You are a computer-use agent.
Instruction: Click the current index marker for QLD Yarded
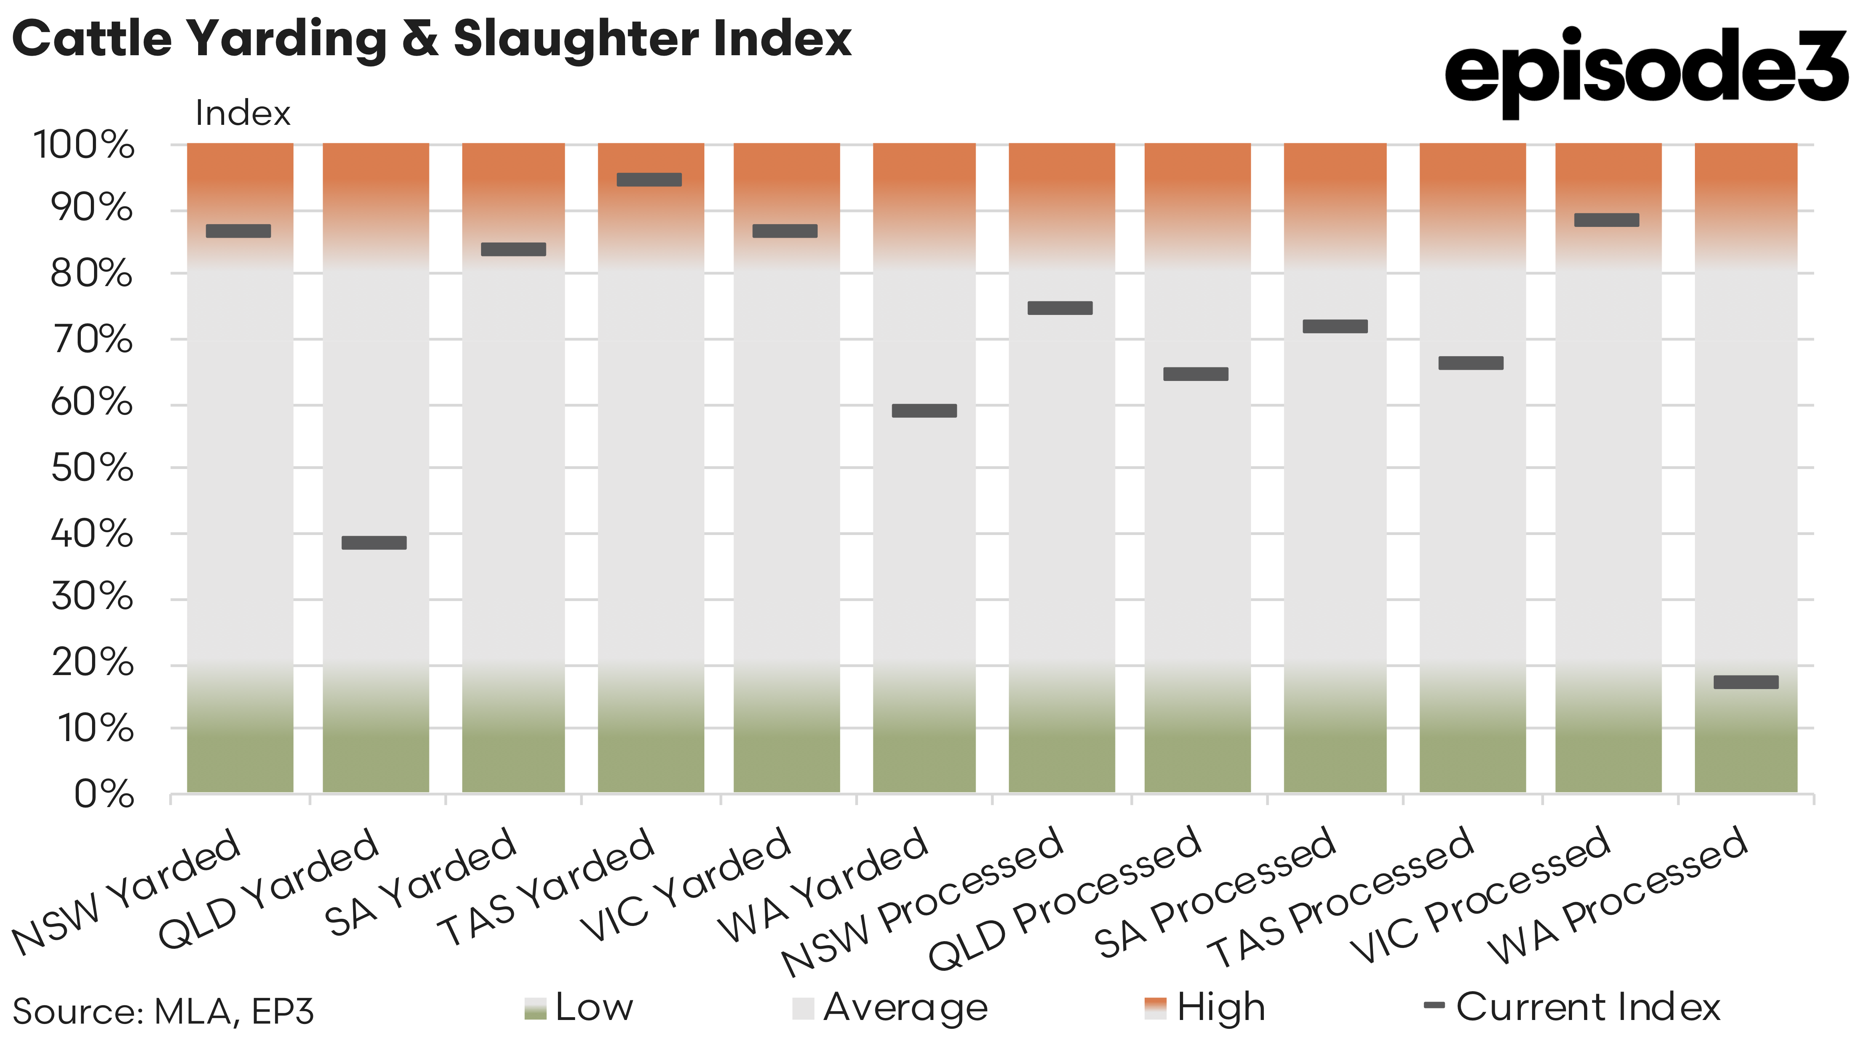click(x=374, y=543)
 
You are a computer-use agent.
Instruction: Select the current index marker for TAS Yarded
click(x=649, y=179)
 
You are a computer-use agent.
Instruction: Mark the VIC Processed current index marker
click(x=1606, y=220)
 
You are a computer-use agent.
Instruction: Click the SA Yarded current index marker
click(x=513, y=249)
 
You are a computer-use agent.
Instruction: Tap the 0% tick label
click(x=104, y=794)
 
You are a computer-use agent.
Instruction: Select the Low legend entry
click(x=579, y=1008)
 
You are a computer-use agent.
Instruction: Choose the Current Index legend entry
click(x=1572, y=1008)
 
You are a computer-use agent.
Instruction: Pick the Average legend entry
click(x=890, y=1008)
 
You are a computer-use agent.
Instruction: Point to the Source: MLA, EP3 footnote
click(x=163, y=1011)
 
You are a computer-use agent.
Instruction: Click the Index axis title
click(x=243, y=113)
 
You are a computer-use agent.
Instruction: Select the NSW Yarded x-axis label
click(x=127, y=891)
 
